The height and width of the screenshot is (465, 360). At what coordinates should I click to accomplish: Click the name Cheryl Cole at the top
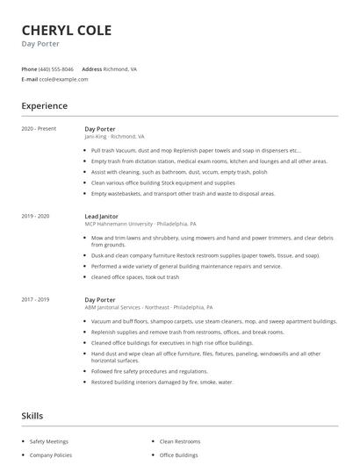(67, 31)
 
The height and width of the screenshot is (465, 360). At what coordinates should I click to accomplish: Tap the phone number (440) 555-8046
(57, 68)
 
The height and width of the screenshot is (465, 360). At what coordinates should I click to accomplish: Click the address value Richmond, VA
(119, 68)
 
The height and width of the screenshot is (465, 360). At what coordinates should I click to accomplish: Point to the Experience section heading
(45, 106)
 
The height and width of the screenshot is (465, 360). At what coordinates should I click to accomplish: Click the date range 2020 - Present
(39, 129)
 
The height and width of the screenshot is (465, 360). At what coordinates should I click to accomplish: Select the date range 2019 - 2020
(35, 216)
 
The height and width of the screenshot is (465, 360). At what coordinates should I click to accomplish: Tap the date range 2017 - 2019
(35, 300)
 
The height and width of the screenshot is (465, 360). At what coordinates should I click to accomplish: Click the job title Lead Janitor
(102, 216)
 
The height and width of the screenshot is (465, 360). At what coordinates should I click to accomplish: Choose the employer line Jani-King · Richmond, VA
(114, 137)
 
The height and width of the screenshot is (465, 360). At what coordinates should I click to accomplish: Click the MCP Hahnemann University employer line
(140, 224)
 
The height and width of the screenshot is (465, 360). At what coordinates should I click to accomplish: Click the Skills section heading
(32, 415)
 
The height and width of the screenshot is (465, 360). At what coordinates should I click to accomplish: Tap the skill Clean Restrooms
(181, 442)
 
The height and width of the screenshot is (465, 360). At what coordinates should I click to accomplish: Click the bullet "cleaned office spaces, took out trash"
(134, 276)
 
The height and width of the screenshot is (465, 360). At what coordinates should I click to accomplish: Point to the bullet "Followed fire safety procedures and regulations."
(155, 372)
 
